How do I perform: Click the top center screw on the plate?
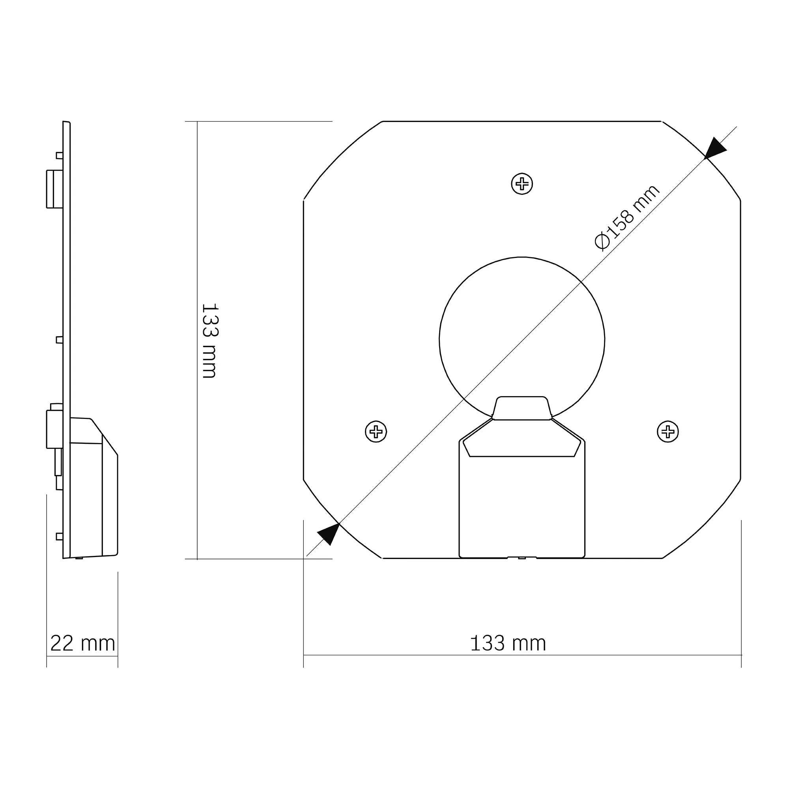tap(522, 184)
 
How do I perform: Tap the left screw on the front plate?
tap(376, 431)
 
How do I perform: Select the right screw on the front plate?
tap(668, 431)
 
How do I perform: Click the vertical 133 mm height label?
tap(209, 340)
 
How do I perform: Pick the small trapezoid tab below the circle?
tap(522, 408)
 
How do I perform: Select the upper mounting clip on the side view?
tap(54, 189)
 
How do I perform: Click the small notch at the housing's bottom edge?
tap(522, 557)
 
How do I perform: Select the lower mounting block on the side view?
tap(54, 429)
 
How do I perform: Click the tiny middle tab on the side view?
tap(59, 340)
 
